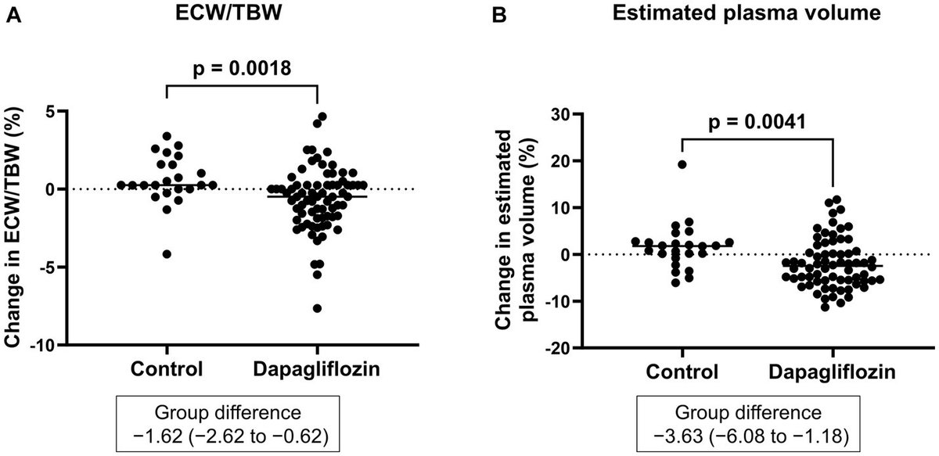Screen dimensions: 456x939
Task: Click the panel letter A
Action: coord(13,15)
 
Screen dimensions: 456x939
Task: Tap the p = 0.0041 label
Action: coord(756,124)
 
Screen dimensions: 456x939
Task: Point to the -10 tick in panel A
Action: coord(52,345)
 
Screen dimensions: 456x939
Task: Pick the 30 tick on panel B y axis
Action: coord(556,113)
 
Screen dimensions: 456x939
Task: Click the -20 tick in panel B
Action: coord(552,348)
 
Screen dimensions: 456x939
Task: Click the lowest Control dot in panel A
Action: coord(167,254)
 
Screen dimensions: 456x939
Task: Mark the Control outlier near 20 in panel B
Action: coord(682,164)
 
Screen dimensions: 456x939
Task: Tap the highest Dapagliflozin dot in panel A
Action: coord(322,117)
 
